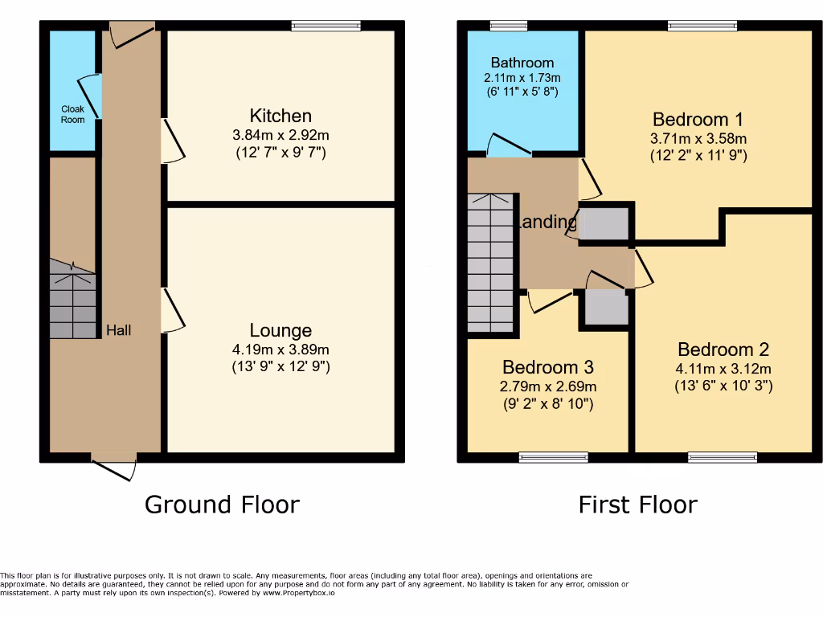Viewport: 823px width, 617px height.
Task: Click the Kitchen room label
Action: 280,116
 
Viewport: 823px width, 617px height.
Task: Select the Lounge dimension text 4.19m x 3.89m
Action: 280,349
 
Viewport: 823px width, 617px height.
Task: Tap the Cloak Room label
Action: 72,114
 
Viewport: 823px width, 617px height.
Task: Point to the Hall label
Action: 119,330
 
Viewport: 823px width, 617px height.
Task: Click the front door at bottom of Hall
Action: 113,465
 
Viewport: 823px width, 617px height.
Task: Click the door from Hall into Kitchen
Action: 173,142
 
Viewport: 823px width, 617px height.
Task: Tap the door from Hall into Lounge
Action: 173,311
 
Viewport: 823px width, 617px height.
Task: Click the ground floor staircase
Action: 72,299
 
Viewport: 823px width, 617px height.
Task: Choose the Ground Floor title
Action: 222,505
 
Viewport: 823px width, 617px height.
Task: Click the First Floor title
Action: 637,505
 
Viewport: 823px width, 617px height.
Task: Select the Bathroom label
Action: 522,63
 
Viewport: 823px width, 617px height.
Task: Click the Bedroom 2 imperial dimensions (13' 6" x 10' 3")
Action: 723,386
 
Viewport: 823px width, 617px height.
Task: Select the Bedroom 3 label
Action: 547,367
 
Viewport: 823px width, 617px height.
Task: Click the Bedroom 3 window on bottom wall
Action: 553,458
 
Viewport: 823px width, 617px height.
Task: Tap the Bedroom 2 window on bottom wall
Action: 722,458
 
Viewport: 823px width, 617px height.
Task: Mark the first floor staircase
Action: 490,262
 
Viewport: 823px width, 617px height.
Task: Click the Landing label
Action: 548,223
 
